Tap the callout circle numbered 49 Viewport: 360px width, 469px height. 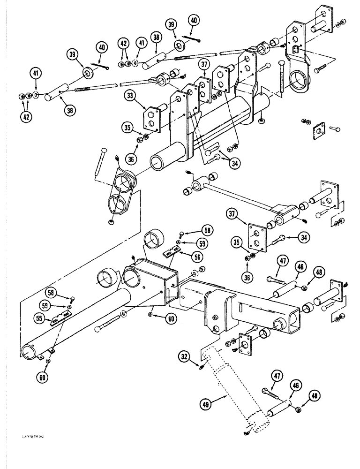[207, 402]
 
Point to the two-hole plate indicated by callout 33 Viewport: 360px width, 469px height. [153, 116]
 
